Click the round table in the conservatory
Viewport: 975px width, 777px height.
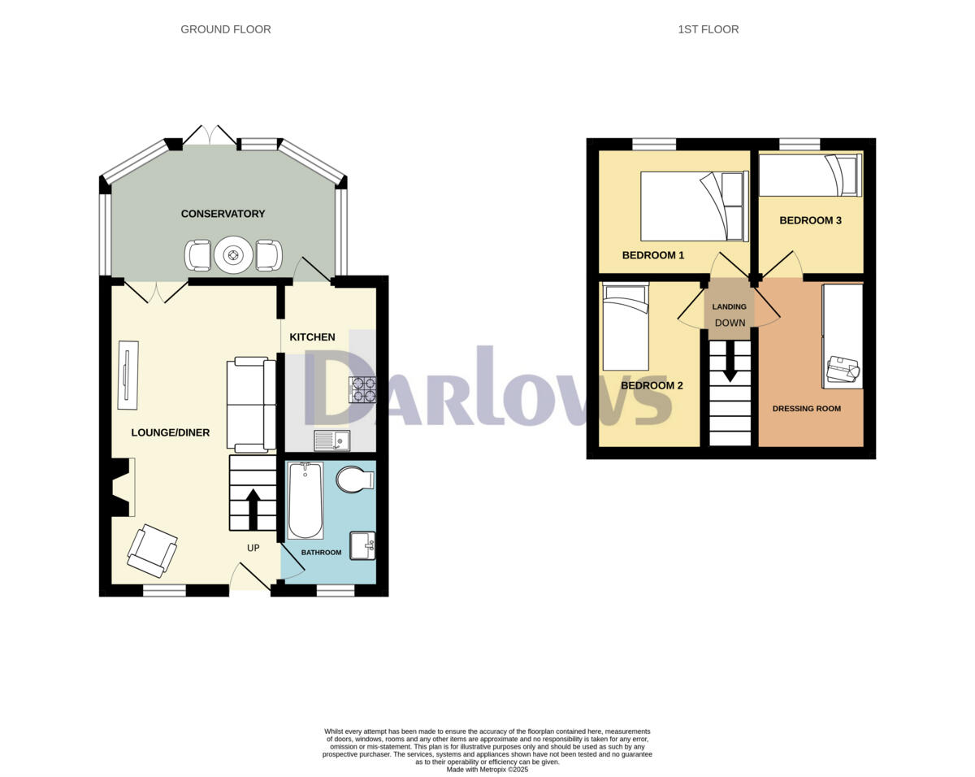(x=234, y=255)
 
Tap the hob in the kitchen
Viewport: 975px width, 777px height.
(x=362, y=390)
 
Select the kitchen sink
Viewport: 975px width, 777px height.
(x=331, y=441)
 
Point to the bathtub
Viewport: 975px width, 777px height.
(x=305, y=501)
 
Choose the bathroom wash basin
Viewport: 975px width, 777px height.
(x=362, y=545)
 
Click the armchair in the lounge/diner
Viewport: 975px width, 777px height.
(x=152, y=550)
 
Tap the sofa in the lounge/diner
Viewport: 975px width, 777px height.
(x=247, y=404)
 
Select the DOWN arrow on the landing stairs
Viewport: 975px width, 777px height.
(x=730, y=361)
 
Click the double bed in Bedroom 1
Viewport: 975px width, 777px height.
(x=694, y=206)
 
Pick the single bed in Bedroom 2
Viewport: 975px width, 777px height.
(x=626, y=327)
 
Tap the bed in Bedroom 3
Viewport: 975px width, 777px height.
(x=809, y=176)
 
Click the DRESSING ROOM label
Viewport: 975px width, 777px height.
(x=806, y=409)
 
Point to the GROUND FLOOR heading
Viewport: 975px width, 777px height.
(x=226, y=29)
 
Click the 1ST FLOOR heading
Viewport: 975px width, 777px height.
(x=708, y=29)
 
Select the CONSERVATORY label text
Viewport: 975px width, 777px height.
(x=223, y=214)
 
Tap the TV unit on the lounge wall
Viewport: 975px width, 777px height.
(x=128, y=375)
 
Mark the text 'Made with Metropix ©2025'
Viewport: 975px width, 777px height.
(x=487, y=769)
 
